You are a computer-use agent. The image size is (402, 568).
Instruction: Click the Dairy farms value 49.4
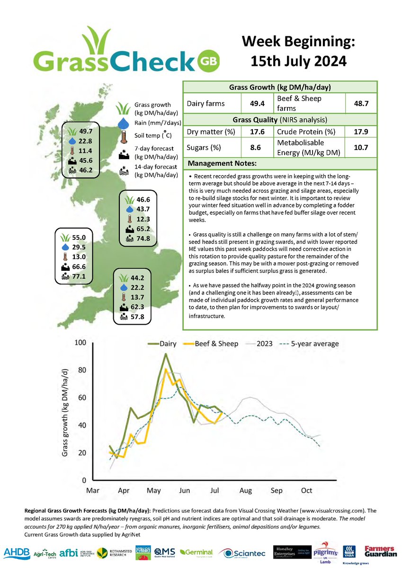[253, 103]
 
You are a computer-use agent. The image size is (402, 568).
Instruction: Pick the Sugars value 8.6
[253, 147]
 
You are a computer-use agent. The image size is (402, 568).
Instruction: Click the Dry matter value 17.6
[253, 132]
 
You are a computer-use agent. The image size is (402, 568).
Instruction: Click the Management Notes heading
[222, 164]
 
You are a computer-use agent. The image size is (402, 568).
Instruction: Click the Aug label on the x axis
[245, 491]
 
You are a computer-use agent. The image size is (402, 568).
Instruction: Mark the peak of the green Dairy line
[165, 354]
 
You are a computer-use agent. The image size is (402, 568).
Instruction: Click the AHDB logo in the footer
[17, 552]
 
